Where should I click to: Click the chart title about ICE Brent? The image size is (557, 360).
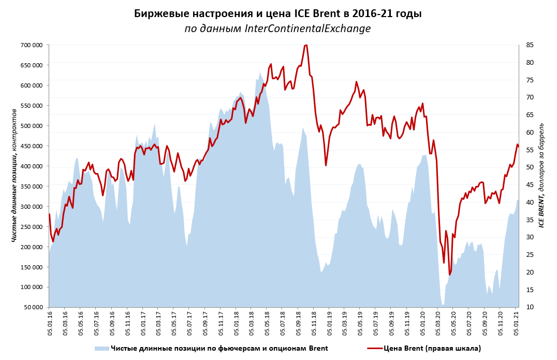[x=278, y=13]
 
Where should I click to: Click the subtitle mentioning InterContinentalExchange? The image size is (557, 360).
[x=278, y=29]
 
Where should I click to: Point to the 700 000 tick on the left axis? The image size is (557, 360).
[x=31, y=45]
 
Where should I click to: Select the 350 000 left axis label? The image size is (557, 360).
[x=31, y=186]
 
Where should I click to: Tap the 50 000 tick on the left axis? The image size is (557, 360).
[x=33, y=308]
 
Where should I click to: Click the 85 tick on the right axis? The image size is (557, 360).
[x=530, y=45]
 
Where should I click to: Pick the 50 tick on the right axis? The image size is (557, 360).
[x=530, y=167]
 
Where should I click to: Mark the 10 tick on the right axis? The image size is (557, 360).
[x=530, y=308]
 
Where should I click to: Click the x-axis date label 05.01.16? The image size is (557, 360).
[x=50, y=324]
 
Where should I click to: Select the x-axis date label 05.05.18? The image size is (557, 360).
[x=268, y=324]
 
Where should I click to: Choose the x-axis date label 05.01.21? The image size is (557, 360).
[x=516, y=324]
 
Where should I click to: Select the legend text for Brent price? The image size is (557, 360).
[x=432, y=349]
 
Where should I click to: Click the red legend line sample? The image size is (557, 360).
[x=375, y=349]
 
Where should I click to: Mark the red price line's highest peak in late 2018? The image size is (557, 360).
[x=306, y=45]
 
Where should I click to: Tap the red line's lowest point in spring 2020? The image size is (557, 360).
[x=450, y=275]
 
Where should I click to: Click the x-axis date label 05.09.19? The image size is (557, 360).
[x=392, y=324]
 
